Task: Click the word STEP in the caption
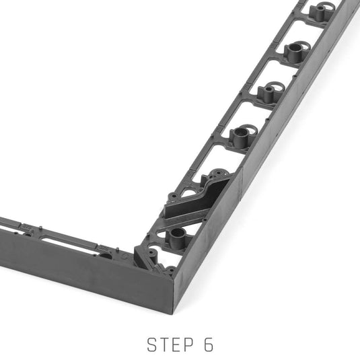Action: coord(170,345)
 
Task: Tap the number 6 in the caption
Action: coord(209,345)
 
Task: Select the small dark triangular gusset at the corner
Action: coord(142,257)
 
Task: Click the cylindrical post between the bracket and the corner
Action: coord(178,238)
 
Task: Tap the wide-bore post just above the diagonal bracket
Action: coord(241,135)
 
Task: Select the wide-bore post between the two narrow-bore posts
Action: coord(295,52)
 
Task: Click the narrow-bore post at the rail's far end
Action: coord(320,11)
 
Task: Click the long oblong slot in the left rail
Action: coord(69,244)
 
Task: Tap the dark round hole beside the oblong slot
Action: coord(106,256)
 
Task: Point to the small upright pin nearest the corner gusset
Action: coord(118,250)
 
